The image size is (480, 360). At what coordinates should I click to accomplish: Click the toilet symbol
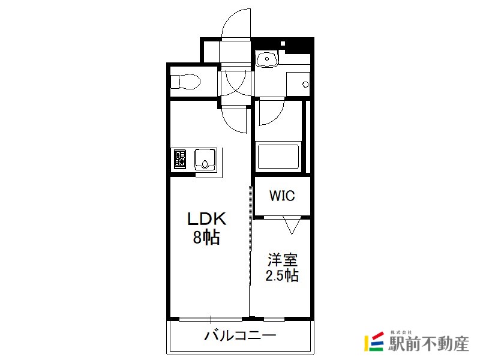[x=185, y=82]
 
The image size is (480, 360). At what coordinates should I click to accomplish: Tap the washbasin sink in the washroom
[x=267, y=58]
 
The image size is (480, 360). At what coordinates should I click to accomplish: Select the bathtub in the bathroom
[x=278, y=157]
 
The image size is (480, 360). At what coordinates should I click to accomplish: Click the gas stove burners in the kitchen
[x=180, y=159]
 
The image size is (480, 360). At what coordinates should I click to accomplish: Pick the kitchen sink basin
[x=205, y=159]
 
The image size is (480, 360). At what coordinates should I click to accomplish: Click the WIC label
[x=282, y=196]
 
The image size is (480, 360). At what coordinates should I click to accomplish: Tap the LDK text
[x=206, y=219]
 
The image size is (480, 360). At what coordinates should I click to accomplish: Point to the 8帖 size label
[x=206, y=236]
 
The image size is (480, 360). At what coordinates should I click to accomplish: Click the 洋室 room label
[x=282, y=260]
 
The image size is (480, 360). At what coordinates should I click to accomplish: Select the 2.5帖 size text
[x=282, y=275]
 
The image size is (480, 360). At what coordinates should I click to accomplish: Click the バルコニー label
[x=241, y=335]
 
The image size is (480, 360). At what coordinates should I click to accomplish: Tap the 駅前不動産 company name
[x=428, y=343]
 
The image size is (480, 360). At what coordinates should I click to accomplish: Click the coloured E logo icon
[x=374, y=341]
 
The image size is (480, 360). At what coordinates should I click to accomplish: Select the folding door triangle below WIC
[x=292, y=226]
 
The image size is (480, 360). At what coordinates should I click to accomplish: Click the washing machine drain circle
[x=305, y=85]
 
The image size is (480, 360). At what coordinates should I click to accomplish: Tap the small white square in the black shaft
[x=283, y=43]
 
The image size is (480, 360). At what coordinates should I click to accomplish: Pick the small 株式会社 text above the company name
[x=401, y=332]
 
